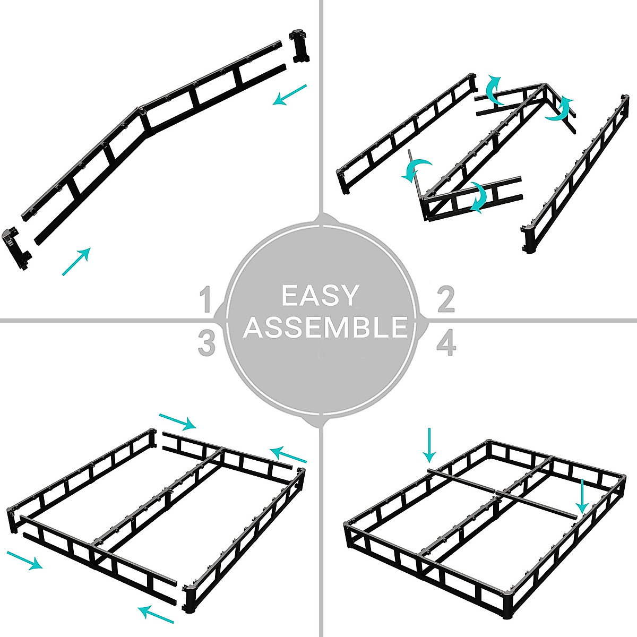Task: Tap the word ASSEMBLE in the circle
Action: pos(325,328)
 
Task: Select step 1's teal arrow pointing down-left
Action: pos(290,94)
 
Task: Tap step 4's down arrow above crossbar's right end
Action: pos(582,496)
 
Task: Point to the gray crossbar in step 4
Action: pos(502,492)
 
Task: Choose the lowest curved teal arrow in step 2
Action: pos(478,198)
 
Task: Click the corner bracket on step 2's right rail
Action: pos(529,239)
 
